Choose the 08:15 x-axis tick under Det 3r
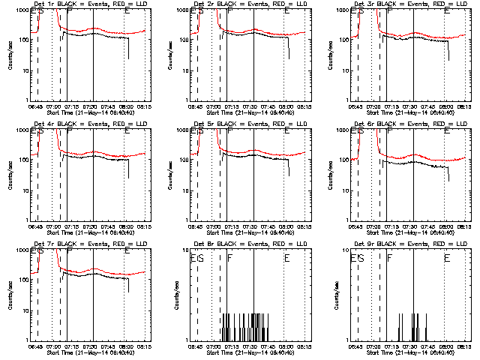[464, 106]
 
